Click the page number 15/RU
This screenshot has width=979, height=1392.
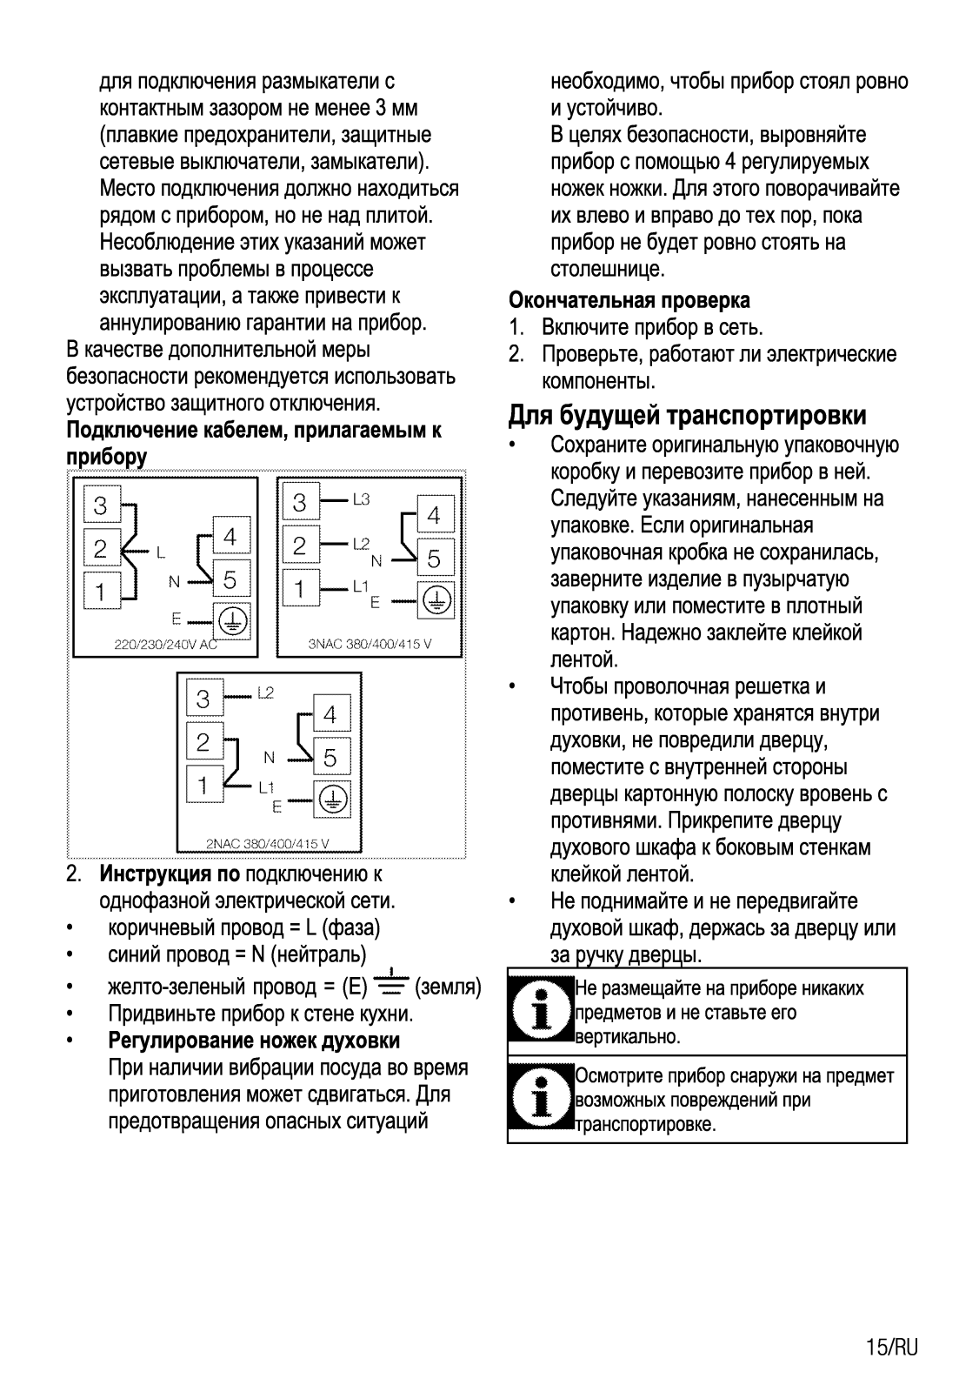click(891, 1348)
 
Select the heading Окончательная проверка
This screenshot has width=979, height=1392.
click(629, 300)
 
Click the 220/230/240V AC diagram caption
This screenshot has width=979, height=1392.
click(165, 646)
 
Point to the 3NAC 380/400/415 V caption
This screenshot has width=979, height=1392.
click(370, 646)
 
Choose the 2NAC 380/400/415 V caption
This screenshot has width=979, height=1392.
click(267, 843)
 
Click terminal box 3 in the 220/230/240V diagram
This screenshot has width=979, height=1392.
click(101, 505)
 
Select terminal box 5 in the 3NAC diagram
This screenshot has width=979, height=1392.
click(433, 559)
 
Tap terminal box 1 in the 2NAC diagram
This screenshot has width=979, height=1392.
click(203, 786)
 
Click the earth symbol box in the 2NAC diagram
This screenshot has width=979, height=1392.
click(332, 798)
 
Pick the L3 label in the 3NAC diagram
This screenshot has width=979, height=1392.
click(361, 499)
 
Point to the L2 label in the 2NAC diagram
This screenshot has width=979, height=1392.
click(265, 693)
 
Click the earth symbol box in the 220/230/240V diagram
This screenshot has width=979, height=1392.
click(230, 619)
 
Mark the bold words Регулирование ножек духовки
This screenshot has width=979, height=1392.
click(254, 1041)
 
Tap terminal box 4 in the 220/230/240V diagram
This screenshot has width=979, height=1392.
click(230, 537)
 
